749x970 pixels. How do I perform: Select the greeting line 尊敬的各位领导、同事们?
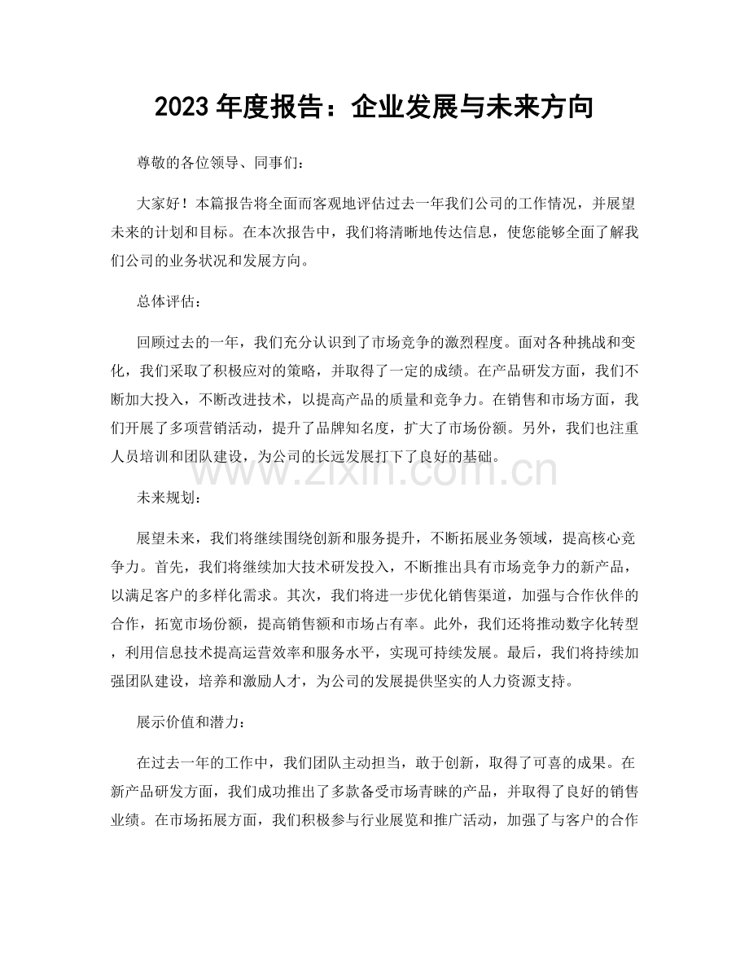(219, 164)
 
